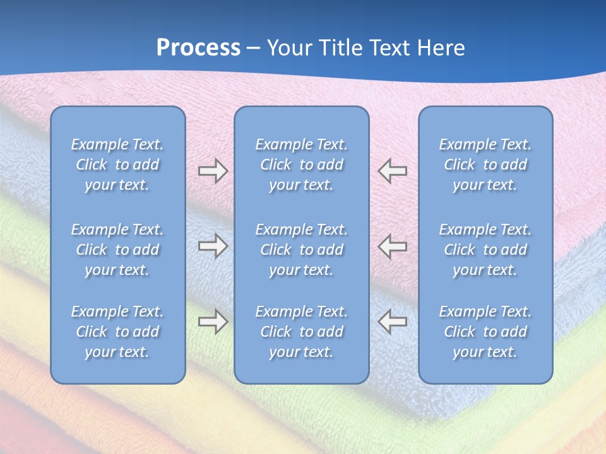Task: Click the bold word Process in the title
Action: click(198, 48)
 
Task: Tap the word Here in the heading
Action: click(441, 48)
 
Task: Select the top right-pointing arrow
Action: click(213, 171)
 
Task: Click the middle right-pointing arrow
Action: click(213, 246)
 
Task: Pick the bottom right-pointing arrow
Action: click(213, 322)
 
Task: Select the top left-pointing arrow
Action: click(393, 171)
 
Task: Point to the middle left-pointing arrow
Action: click(393, 246)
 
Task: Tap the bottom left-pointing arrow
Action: click(393, 322)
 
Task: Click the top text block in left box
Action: click(117, 165)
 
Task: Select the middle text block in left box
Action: click(117, 250)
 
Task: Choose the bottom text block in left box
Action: click(117, 332)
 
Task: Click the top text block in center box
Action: click(301, 165)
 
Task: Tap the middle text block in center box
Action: click(301, 250)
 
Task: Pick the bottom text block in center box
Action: click(301, 332)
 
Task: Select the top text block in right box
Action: click(485, 165)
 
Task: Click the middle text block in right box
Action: click(485, 250)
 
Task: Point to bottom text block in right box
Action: click(485, 332)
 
